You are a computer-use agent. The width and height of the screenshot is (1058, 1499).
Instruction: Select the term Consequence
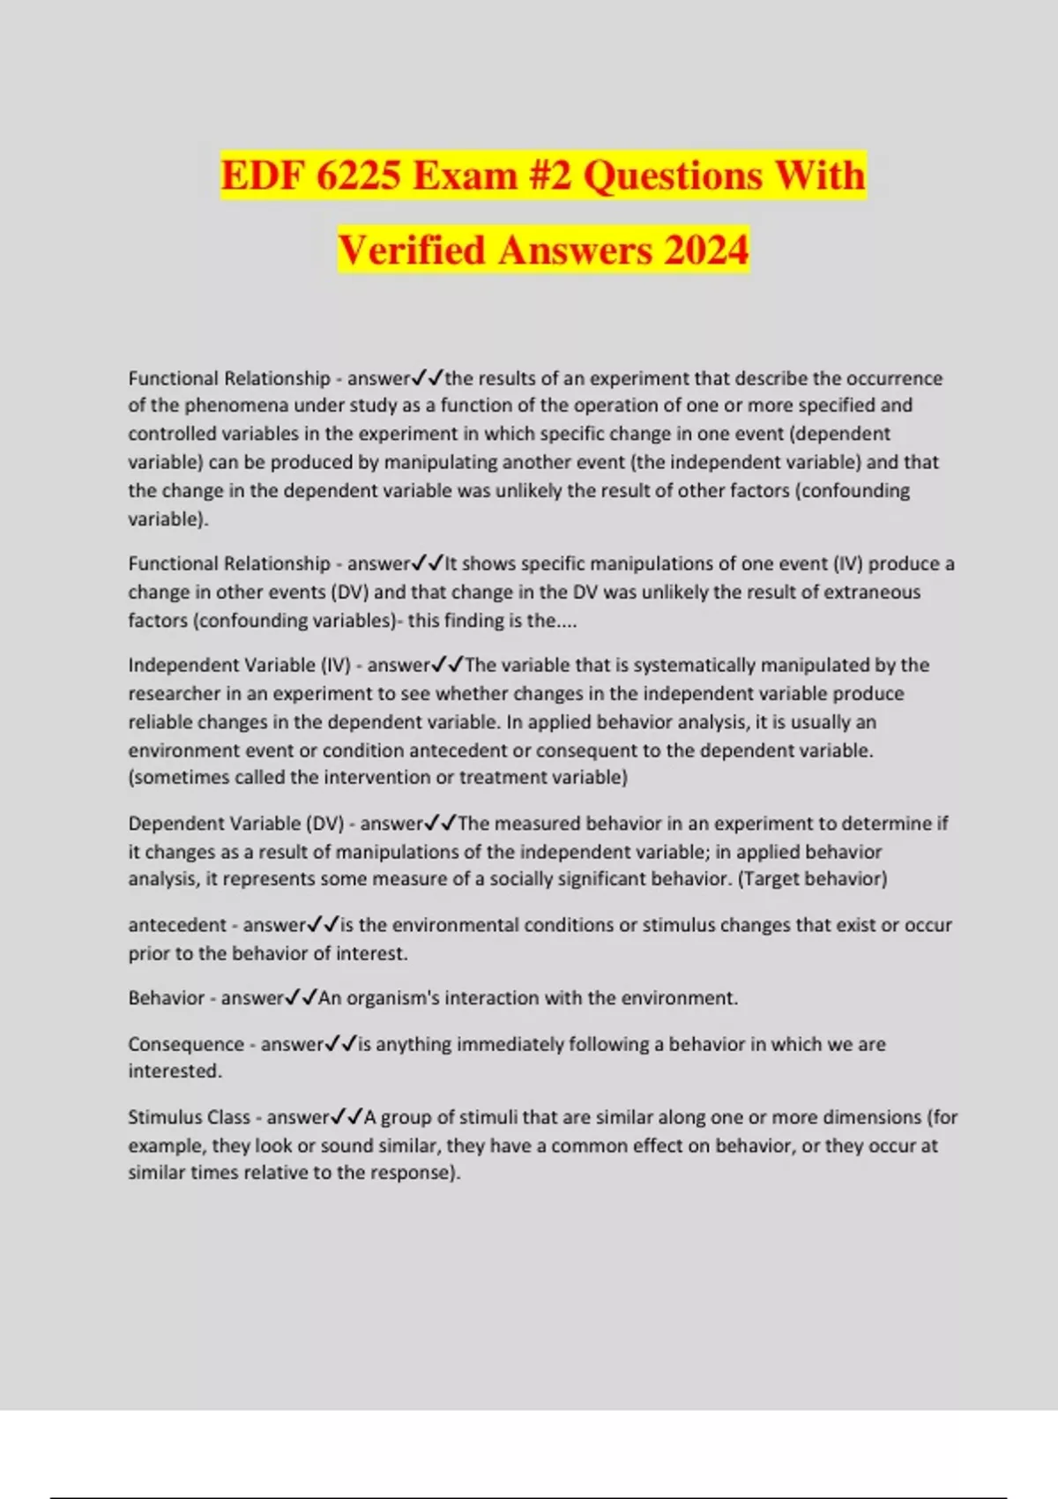tap(186, 1044)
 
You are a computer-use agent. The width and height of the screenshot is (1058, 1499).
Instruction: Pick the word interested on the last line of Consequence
tap(175, 1070)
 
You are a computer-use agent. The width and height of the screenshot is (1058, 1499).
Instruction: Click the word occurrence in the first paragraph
tap(894, 378)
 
